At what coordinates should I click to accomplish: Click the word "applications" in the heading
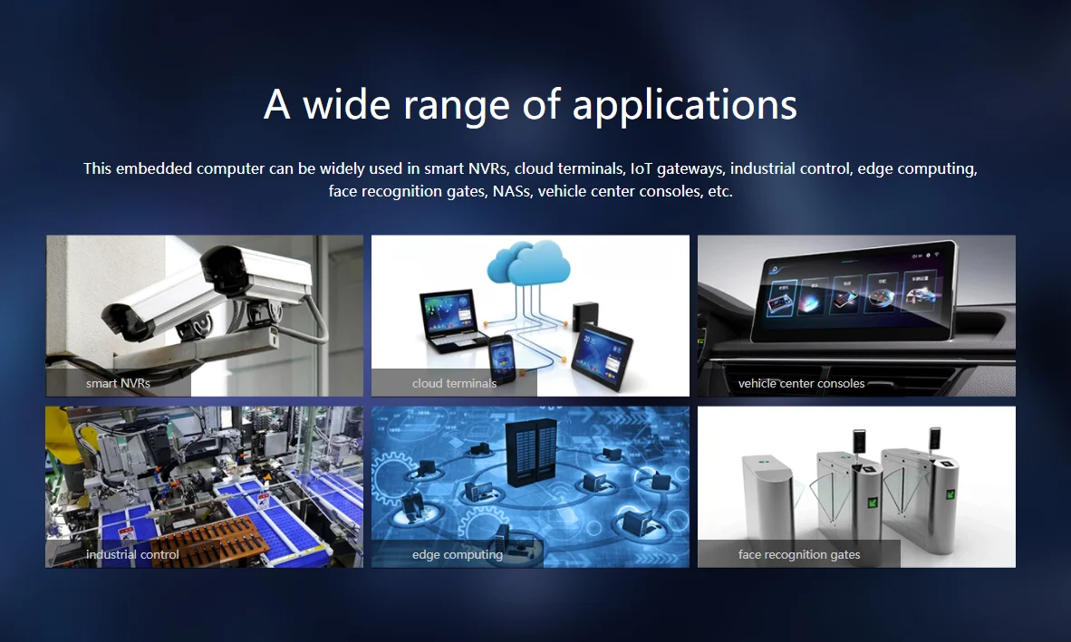tap(684, 106)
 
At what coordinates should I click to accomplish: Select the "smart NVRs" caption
tap(118, 383)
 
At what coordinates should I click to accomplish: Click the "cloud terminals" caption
tap(454, 383)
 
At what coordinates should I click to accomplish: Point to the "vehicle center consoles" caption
tap(801, 383)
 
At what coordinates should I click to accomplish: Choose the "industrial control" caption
tap(132, 555)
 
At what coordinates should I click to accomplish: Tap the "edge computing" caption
tap(458, 555)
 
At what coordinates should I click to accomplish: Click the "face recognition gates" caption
tap(799, 555)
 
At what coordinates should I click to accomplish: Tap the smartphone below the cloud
tap(502, 359)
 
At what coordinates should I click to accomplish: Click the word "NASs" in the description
tap(512, 191)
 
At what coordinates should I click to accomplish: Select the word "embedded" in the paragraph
tap(154, 168)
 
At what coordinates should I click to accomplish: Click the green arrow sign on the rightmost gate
tap(950, 495)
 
